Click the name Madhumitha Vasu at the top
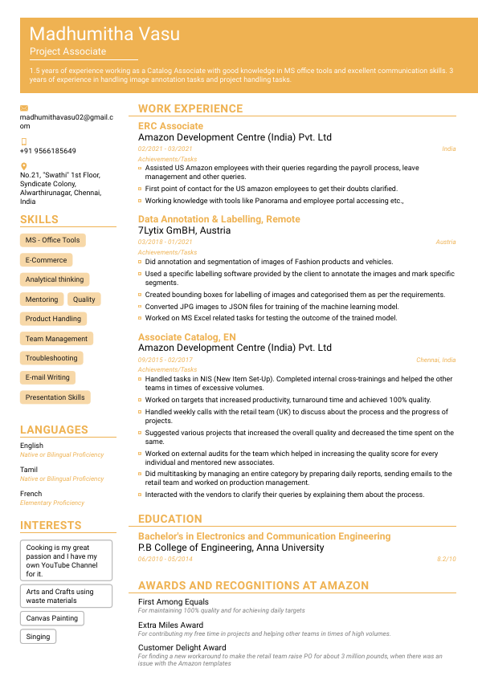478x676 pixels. tap(104, 34)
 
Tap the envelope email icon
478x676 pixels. tap(24, 108)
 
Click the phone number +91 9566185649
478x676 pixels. tap(48, 151)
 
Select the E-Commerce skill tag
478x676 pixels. tap(46, 260)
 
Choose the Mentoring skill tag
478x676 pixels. tap(42, 299)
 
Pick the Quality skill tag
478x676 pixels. tap(84, 299)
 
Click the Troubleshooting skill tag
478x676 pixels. tap(51, 358)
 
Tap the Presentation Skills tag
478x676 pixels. tap(55, 397)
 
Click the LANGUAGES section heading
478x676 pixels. tap(54, 430)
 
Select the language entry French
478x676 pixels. tap(31, 494)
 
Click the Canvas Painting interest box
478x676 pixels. tap(51, 618)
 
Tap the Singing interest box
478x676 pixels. tap(38, 637)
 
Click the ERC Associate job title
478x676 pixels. tap(170, 126)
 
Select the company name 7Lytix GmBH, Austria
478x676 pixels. tap(184, 230)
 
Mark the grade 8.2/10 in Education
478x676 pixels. tap(446, 559)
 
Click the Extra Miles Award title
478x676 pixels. tap(170, 625)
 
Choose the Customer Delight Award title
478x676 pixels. tap(182, 647)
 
